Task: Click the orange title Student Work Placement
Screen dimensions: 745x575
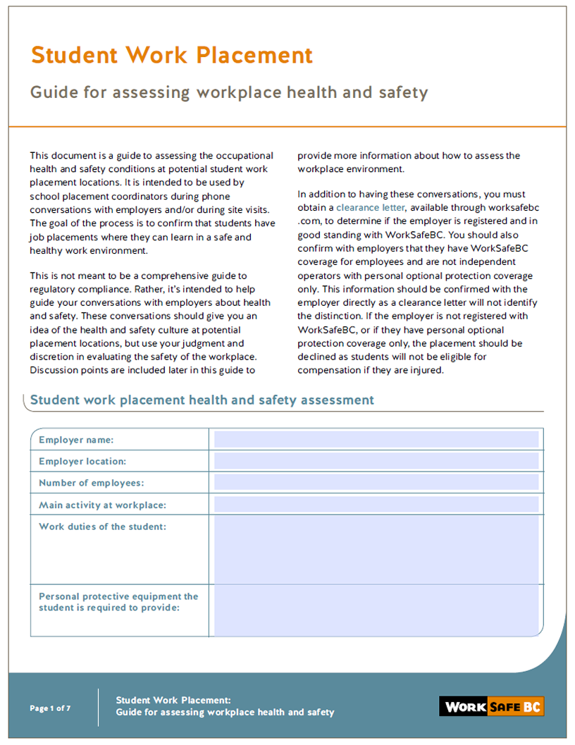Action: click(171, 55)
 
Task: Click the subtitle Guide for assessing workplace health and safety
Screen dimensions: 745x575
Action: click(229, 92)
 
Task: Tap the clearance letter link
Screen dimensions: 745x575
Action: click(370, 207)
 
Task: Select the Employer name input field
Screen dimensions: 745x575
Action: click(376, 440)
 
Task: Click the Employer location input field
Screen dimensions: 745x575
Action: click(376, 462)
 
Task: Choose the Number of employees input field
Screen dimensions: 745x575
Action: click(376, 483)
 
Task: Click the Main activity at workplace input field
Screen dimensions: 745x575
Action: click(376, 505)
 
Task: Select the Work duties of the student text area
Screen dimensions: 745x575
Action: click(376, 550)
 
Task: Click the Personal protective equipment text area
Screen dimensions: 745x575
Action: click(376, 610)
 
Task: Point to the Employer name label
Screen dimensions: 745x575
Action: click(76, 440)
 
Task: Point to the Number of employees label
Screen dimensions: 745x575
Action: click(91, 483)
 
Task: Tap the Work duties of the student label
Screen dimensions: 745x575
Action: click(102, 527)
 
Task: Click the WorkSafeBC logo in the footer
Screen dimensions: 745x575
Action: click(491, 706)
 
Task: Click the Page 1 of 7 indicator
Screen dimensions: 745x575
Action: click(50, 708)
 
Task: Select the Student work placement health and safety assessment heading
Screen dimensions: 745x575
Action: click(202, 400)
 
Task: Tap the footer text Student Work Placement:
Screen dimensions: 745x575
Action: click(173, 700)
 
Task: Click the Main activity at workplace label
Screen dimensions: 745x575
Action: click(102, 505)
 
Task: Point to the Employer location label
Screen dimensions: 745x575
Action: click(82, 462)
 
